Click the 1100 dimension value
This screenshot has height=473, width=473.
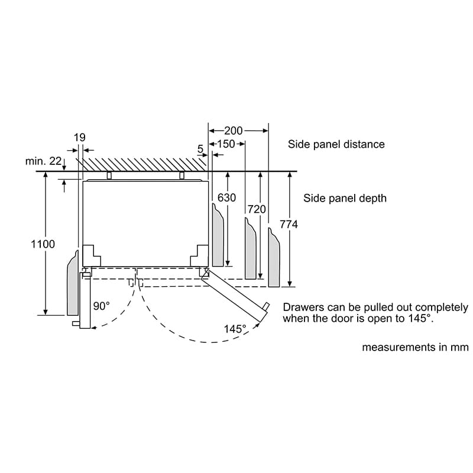point(43,244)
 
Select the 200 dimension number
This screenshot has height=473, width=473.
point(233,131)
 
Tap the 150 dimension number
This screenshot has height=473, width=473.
point(226,144)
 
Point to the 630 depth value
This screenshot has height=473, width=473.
point(226,197)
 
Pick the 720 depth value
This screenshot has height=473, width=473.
point(257,209)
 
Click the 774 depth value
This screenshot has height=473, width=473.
point(289,224)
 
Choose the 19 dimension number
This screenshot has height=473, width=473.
point(80,138)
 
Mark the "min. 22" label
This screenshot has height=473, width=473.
point(43,161)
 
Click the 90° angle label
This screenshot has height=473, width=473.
point(101,306)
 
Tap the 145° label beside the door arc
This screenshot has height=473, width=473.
point(235,329)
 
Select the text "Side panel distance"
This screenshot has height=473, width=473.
point(336,144)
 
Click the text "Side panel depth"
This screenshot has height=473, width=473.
point(345,198)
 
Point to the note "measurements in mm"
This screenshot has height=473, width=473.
point(416,347)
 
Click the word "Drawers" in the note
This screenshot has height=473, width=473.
point(303,307)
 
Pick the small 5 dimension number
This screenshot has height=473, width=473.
point(200,149)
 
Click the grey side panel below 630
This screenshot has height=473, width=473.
point(218,235)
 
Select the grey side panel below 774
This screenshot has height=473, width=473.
point(274,257)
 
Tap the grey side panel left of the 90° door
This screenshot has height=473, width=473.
point(73,284)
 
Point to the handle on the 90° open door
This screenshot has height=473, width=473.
point(76,323)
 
